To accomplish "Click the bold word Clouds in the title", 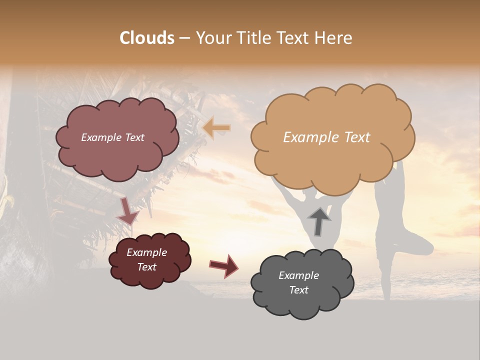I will tap(147, 38).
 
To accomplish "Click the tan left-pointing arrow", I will tap(216, 128).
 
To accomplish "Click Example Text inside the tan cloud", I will tap(326, 137).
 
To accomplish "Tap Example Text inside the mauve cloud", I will tap(112, 137).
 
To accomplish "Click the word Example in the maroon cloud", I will tap(146, 252).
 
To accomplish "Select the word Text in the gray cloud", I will tap(298, 290).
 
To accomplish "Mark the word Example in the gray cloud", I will tap(298, 275).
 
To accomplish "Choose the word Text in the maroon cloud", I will tap(146, 267).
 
